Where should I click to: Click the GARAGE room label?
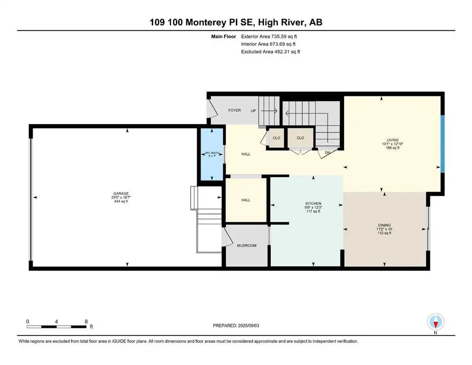[x=120, y=193]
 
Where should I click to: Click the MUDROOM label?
[x=247, y=246]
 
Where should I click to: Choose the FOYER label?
[x=234, y=110]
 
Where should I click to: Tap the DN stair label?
[x=328, y=152]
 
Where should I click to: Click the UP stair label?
[x=253, y=110]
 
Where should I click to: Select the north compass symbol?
[x=435, y=322]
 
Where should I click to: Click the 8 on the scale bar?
[x=86, y=321]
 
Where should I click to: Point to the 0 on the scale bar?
[x=28, y=321]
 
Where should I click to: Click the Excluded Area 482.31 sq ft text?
[x=270, y=51]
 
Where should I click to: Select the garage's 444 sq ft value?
[x=120, y=202]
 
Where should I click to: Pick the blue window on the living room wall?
[x=442, y=144]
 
